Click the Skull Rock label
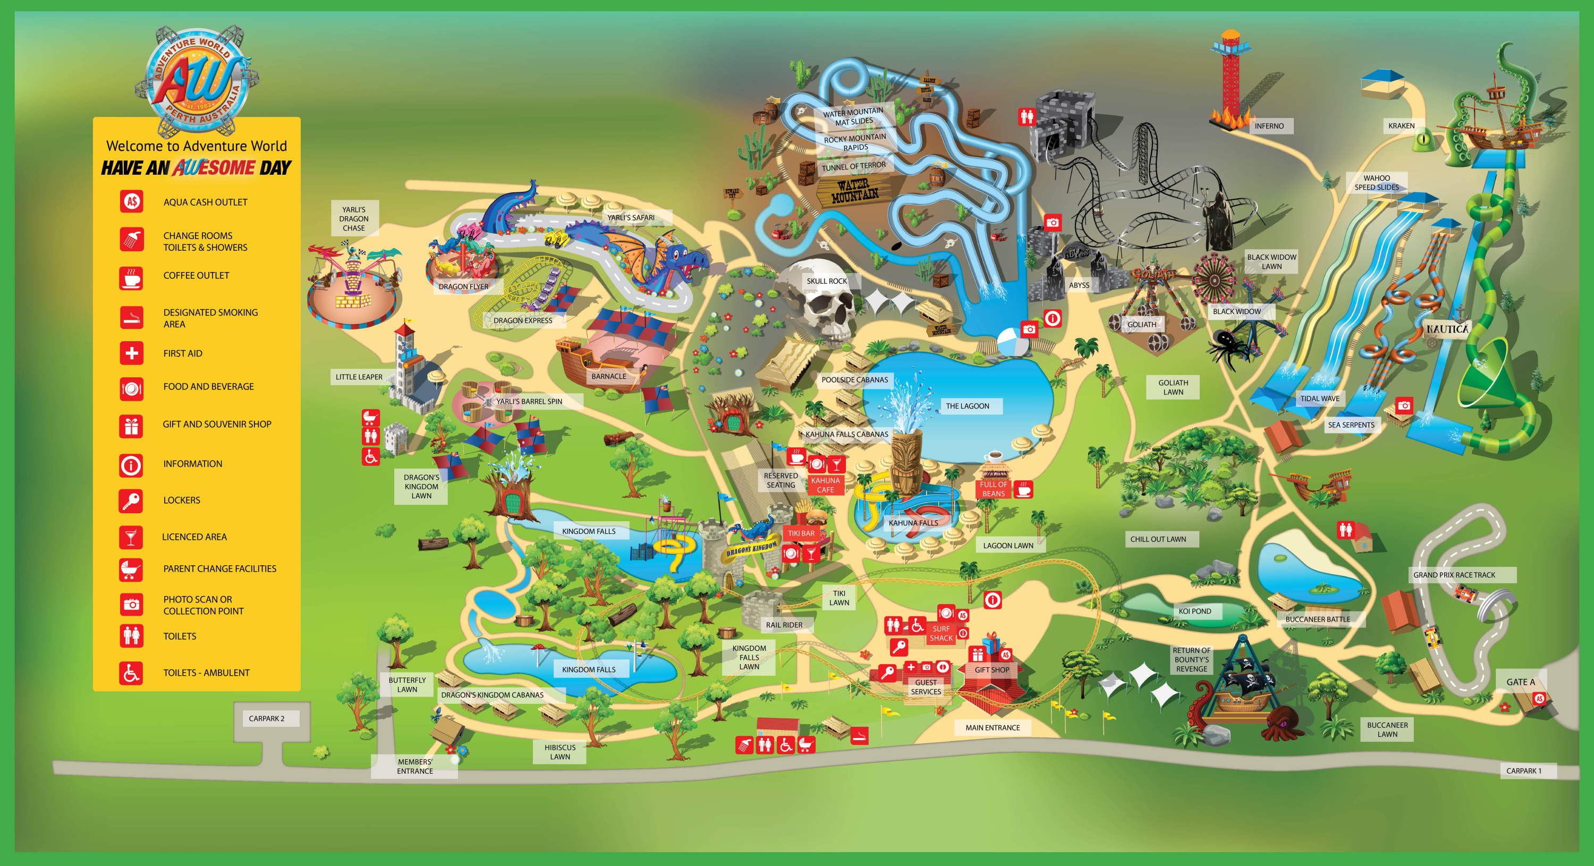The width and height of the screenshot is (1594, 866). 827,281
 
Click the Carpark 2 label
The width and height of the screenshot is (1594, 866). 266,719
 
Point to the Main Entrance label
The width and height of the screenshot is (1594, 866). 993,728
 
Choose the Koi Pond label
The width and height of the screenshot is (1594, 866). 1194,611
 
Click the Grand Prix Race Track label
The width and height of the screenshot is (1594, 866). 1454,575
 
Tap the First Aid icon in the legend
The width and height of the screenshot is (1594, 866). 131,353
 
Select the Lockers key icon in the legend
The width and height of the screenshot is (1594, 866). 131,500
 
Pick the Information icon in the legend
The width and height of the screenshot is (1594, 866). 131,464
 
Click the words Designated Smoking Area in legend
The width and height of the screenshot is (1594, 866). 210,318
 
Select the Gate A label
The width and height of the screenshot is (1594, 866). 1520,682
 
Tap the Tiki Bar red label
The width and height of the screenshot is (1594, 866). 801,533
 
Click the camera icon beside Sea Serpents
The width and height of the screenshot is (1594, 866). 1404,406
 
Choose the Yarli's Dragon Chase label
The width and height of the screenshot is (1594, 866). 353,219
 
